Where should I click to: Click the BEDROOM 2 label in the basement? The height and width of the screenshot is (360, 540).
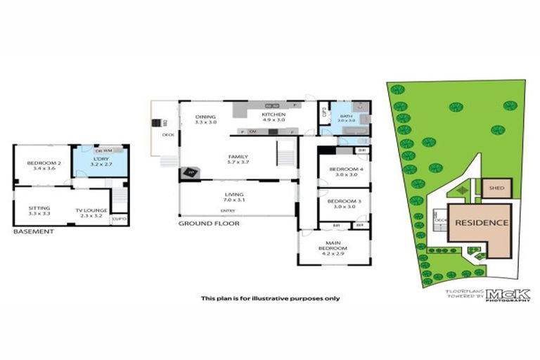click(39, 164)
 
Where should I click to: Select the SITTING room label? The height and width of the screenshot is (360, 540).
click(39, 208)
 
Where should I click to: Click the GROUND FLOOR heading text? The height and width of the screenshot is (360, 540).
click(208, 224)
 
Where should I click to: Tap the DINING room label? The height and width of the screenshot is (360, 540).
click(205, 117)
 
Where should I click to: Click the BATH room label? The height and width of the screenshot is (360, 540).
click(346, 117)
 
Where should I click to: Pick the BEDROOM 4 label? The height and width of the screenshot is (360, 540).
click(342, 169)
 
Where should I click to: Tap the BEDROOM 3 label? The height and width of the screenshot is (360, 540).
click(342, 202)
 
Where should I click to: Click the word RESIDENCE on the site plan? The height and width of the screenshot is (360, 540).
click(480, 223)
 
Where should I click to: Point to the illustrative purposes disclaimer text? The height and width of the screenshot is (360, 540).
click(270, 297)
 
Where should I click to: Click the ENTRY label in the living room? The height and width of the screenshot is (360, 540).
click(228, 211)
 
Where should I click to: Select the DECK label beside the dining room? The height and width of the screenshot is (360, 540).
click(168, 134)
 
